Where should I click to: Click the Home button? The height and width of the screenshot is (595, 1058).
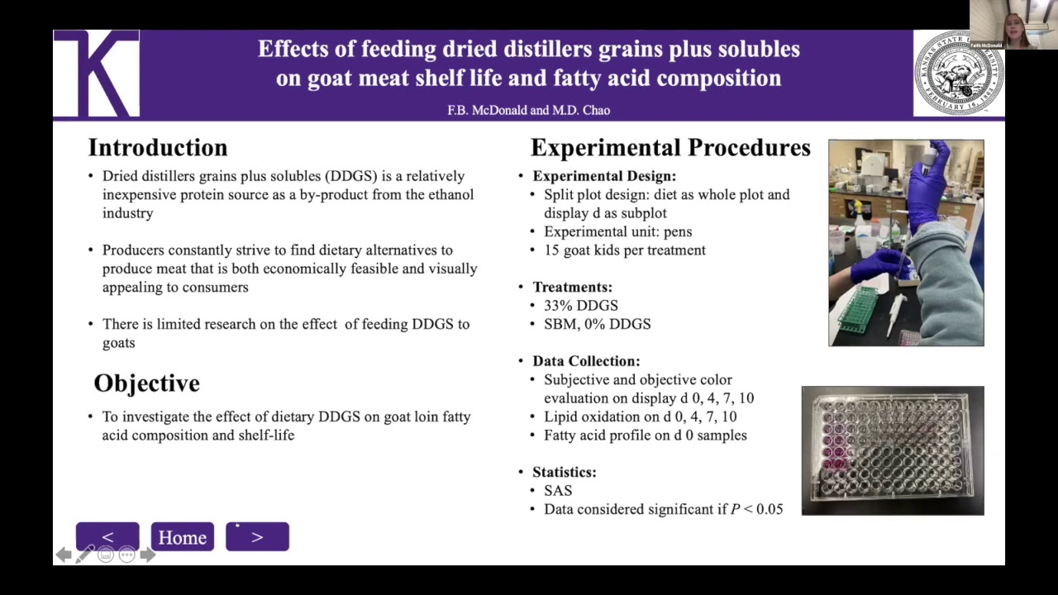pos(182,537)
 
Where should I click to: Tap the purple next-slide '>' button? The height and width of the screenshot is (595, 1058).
pos(257,537)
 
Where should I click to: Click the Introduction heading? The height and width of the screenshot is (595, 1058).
pos(158,148)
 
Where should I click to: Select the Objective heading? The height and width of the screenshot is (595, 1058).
pos(147,383)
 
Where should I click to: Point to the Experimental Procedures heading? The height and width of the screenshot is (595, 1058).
pos(670,148)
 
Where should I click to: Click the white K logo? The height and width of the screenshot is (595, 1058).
pos(97,74)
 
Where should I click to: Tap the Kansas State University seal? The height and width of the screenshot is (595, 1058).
pos(958,74)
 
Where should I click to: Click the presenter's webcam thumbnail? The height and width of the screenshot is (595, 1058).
pos(1013,24)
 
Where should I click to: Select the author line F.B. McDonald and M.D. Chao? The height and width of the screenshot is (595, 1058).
pos(528,110)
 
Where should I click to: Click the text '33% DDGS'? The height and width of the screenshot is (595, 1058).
pos(580,306)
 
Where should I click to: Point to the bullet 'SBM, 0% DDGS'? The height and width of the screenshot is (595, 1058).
pos(597,324)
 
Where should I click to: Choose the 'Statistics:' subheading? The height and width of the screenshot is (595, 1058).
pos(564,472)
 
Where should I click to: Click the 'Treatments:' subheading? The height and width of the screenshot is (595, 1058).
pos(572,287)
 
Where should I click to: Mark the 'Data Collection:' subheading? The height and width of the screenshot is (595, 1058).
pos(586,361)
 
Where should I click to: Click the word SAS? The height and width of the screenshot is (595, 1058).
pos(558,490)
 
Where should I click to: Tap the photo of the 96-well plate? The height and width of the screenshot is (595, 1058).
pos(893,450)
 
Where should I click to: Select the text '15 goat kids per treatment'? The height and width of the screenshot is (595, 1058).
pos(624,250)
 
